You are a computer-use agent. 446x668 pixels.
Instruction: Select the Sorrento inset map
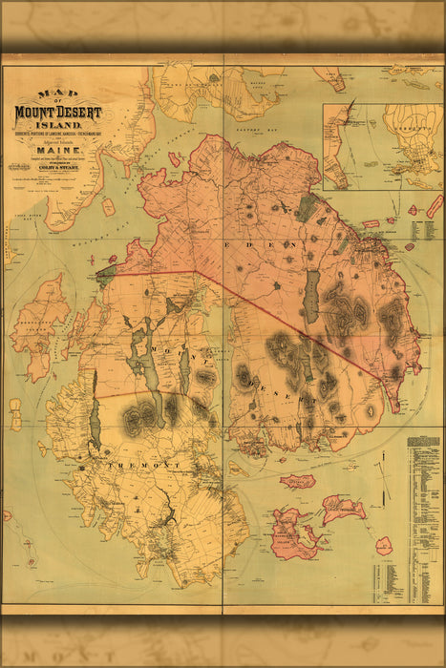click(x=382, y=145)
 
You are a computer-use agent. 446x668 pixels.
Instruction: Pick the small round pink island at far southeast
click(x=383, y=546)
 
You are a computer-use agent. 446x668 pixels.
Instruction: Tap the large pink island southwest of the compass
click(x=295, y=533)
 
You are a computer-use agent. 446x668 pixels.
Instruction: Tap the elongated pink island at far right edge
click(x=435, y=206)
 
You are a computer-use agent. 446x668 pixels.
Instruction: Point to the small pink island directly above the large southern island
click(x=297, y=483)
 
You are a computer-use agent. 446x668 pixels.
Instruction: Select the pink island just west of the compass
click(x=341, y=508)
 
